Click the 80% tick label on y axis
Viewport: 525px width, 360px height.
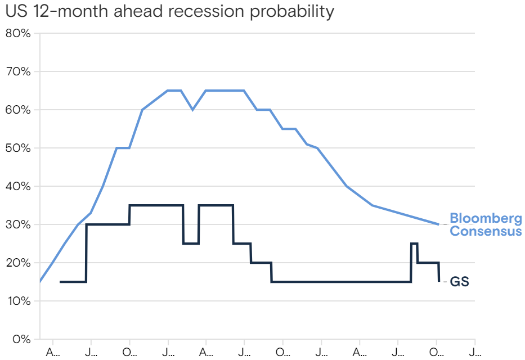(18, 33)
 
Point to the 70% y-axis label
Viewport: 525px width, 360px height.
(18, 71)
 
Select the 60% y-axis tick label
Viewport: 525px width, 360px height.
(18, 110)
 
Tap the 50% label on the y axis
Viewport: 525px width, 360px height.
(18, 148)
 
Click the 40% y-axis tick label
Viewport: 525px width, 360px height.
(18, 186)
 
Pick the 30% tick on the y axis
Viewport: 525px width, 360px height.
(18, 224)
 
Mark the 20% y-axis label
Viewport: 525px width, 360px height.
(18, 263)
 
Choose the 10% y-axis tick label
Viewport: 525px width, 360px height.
(18, 301)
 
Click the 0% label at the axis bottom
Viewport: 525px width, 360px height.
(21, 339)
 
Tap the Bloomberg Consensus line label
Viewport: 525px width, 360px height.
(485, 225)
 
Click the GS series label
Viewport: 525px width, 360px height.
(459, 282)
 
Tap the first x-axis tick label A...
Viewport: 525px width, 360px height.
(52, 352)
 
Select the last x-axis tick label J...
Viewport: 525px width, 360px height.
(475, 352)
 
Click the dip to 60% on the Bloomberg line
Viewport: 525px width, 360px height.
(193, 110)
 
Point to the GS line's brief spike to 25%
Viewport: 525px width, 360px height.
(414, 244)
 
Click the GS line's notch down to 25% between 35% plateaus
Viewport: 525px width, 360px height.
(191, 243)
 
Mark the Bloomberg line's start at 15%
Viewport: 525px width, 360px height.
(41, 281)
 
